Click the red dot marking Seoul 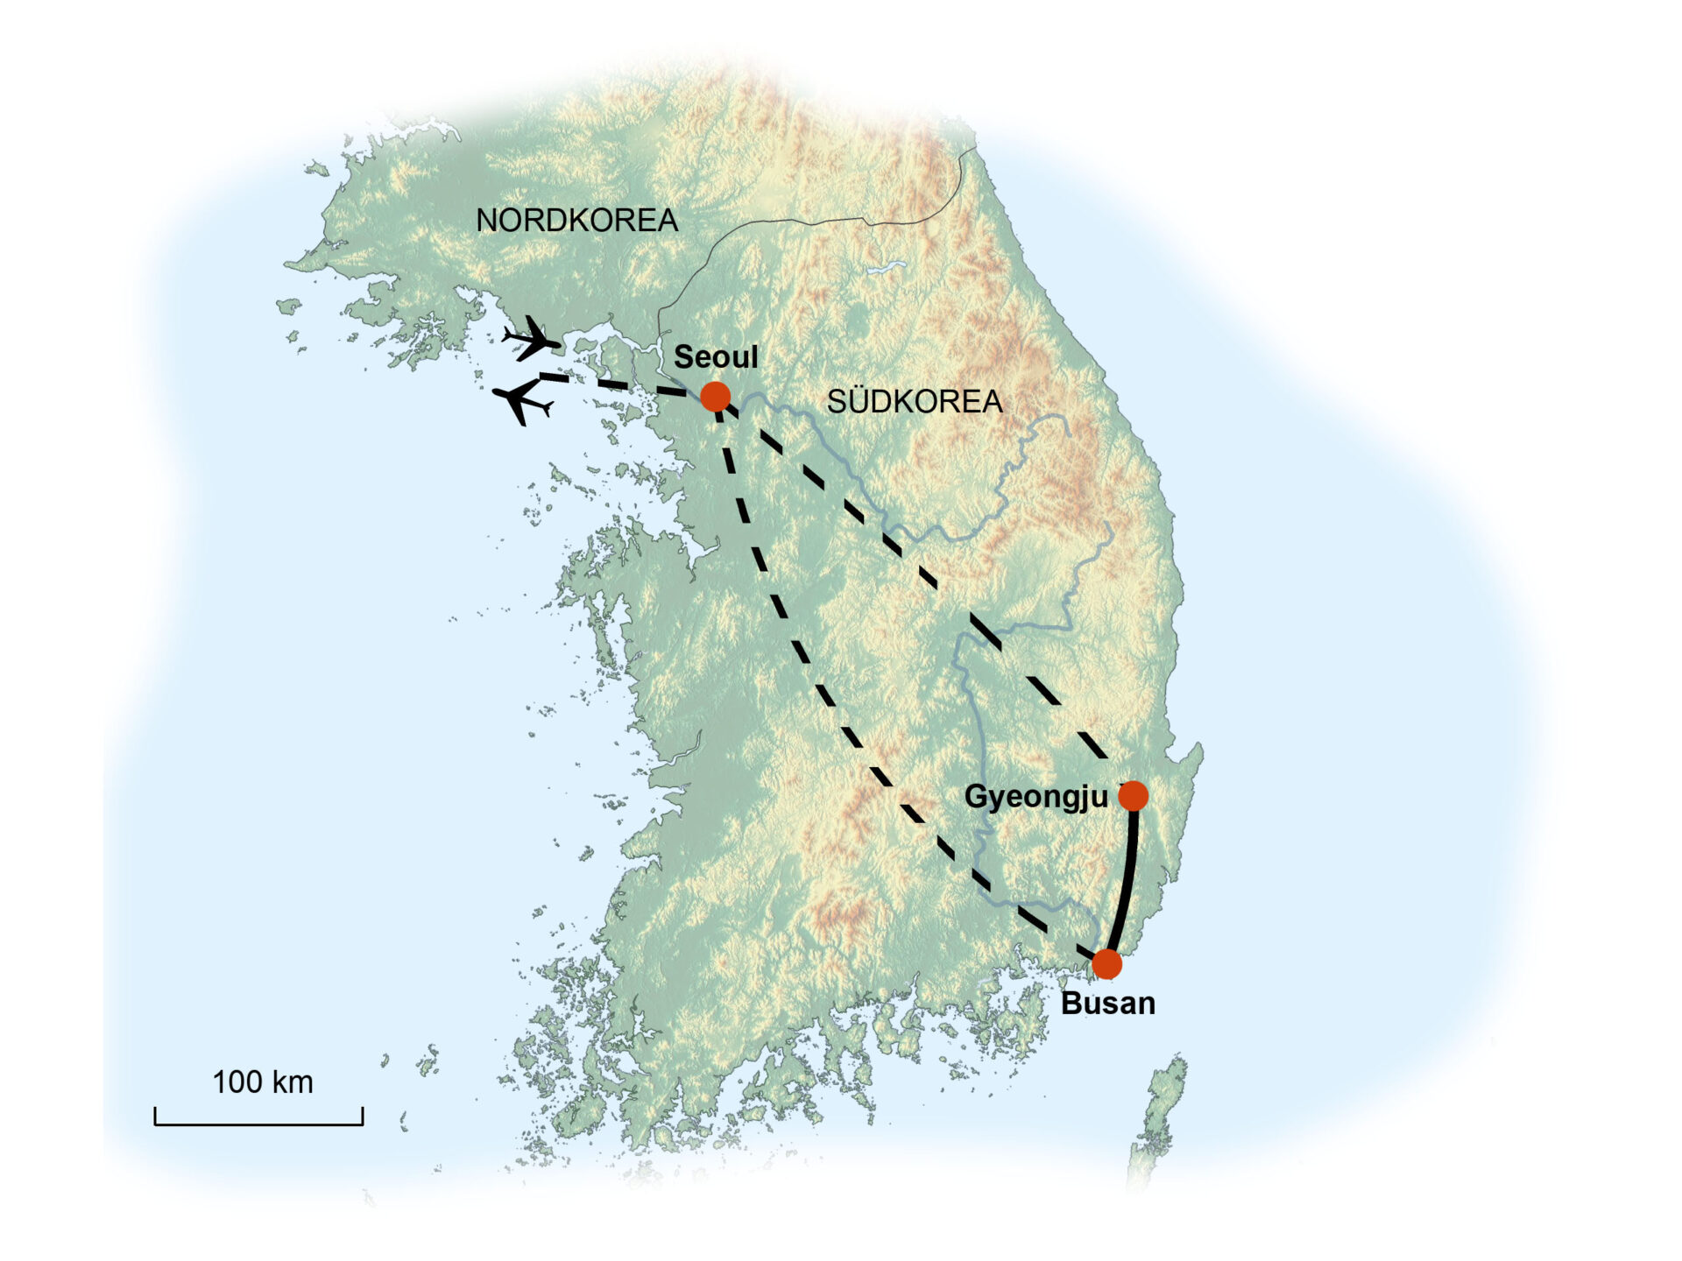(715, 397)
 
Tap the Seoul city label (715, 357)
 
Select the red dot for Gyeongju (1133, 796)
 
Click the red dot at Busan (1107, 964)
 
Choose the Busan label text (1107, 1004)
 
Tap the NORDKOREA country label (576, 221)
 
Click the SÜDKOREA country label (914, 402)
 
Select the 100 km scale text (262, 1082)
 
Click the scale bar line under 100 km (258, 1124)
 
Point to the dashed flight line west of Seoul (613, 384)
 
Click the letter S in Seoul (683, 357)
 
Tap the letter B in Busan (1071, 1004)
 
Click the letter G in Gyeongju (976, 797)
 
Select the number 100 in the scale (237, 1082)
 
